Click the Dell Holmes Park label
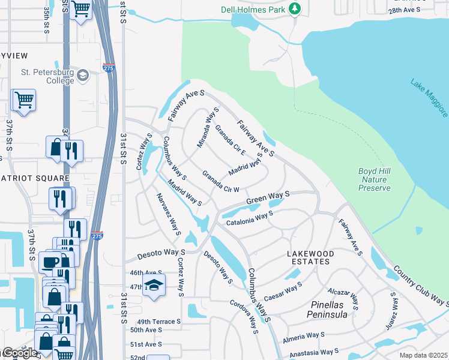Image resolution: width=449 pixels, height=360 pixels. pyautogui.click(x=260, y=8)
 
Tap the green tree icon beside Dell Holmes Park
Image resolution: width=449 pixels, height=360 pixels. pyautogui.click(x=294, y=8)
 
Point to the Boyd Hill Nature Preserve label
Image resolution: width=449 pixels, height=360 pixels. pyautogui.click(x=375, y=179)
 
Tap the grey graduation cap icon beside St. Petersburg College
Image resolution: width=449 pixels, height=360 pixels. pyautogui.click(x=82, y=76)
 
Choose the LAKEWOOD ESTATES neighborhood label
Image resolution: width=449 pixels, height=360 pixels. pyautogui.click(x=310, y=257)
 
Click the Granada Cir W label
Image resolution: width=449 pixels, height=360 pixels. pyautogui.click(x=221, y=181)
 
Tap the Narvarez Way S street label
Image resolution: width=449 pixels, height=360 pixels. pyautogui.click(x=169, y=214)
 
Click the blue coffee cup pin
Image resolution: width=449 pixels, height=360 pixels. pyautogui.click(x=49, y=262)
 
